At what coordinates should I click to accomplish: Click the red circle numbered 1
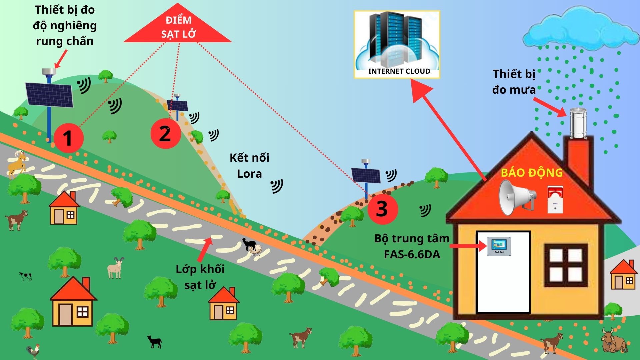68,138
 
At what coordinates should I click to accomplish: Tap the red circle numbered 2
165,134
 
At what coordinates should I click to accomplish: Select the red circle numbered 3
383,209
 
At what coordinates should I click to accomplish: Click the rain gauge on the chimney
578,123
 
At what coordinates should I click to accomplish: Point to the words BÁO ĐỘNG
532,173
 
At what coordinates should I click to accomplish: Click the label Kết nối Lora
249,166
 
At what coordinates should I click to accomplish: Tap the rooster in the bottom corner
33,351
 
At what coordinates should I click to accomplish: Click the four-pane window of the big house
566,265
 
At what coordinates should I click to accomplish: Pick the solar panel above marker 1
49,95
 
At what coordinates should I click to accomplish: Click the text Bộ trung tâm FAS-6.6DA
412,246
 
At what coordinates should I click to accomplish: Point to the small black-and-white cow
25,276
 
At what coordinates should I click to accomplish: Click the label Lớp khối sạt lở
200,277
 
